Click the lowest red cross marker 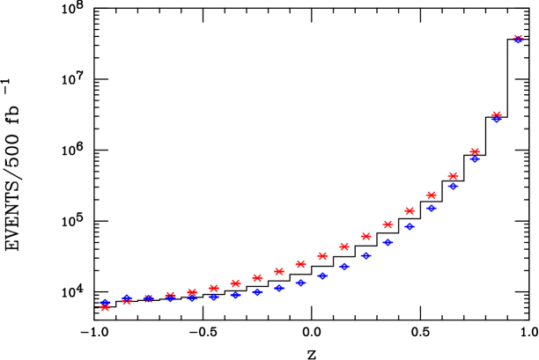point(105,307)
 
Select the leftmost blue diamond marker point(105,303)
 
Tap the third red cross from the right point(475,151)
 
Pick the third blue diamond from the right point(475,159)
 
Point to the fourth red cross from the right point(453,176)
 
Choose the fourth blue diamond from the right point(453,186)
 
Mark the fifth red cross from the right point(431,195)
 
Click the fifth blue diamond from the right point(431,209)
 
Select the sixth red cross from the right point(410,210)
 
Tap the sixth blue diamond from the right point(410,226)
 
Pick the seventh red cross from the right point(388,224)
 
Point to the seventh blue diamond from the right point(388,242)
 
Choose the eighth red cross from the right point(365,236)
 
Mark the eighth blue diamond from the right point(365,255)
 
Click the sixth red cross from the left point(213,288)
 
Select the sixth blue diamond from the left point(213,297)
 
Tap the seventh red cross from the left point(235,283)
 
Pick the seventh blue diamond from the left point(235,295)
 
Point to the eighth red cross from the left point(257,278)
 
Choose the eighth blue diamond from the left point(257,291)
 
